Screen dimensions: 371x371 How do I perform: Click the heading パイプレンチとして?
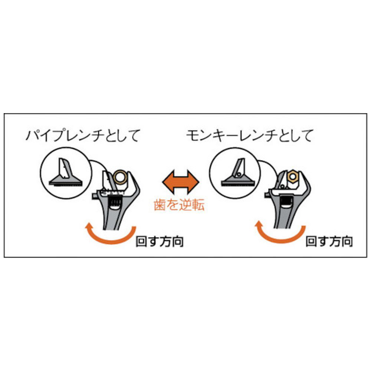point(83,136)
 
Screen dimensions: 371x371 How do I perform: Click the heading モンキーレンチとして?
point(250,136)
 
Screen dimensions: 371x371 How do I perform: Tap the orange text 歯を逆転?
point(179,205)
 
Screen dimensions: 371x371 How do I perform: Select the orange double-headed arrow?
point(181,182)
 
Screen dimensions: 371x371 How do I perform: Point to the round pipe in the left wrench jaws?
point(120,177)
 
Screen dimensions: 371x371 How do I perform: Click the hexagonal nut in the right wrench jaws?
point(293,177)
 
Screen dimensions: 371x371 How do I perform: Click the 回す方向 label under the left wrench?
point(160,242)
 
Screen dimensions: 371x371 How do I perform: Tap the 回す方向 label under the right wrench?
point(329,242)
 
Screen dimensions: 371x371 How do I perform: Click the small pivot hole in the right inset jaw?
point(239,175)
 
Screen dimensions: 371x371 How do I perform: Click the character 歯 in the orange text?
point(160,205)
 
